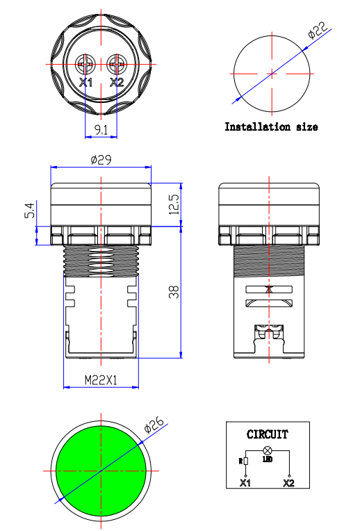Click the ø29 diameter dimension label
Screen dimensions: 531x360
101,160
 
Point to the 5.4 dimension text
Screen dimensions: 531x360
28,212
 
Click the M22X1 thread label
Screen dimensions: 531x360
101,380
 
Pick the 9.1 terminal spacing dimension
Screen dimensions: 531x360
101,129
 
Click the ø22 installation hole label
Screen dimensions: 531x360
318,31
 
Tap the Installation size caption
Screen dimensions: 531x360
271,127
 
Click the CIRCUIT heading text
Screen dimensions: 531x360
267,435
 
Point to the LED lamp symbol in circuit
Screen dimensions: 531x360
267,451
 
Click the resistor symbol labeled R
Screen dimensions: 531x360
245,461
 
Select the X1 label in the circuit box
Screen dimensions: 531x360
245,482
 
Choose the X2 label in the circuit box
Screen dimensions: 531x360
288,482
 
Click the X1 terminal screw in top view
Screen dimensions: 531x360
85,65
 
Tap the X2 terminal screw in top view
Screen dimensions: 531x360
117,65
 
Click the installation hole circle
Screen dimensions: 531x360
272,73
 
